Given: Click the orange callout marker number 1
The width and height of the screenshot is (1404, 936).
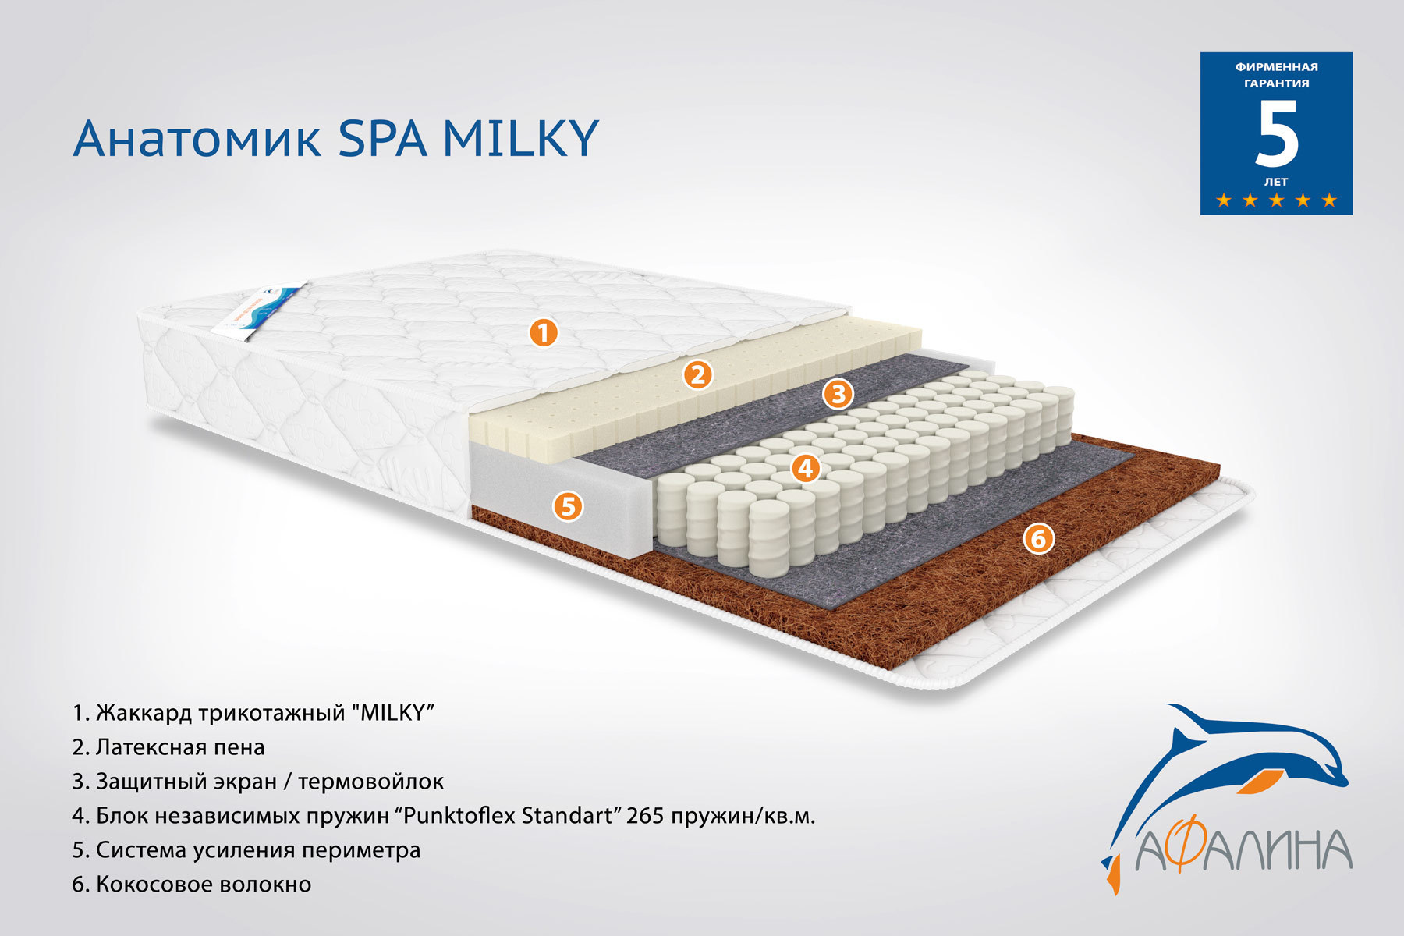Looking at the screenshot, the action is [x=544, y=333].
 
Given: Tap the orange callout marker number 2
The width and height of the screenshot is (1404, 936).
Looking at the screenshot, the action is [x=698, y=374].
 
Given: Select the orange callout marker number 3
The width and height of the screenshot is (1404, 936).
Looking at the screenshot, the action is [x=838, y=394].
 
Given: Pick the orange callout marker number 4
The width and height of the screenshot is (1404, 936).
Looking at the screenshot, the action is [x=806, y=468].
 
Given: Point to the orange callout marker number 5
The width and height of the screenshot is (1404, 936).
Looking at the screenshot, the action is [x=568, y=506].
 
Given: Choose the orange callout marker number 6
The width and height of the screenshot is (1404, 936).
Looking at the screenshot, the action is [x=1038, y=538].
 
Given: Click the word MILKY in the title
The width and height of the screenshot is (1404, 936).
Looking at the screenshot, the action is [x=520, y=139].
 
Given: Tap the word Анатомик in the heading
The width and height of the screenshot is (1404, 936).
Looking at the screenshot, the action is [x=197, y=139].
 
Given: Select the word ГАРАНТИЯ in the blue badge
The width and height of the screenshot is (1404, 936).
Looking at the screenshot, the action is [x=1277, y=83].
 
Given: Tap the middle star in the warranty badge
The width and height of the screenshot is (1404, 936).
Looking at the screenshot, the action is [x=1276, y=200].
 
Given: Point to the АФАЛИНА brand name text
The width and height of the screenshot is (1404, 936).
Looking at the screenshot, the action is [x=1244, y=850].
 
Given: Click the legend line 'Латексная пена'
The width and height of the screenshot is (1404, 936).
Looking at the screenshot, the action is [x=168, y=747].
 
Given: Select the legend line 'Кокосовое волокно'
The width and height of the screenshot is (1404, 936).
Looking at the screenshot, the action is [x=192, y=885].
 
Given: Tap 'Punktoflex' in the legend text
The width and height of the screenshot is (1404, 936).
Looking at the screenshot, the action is [x=459, y=816].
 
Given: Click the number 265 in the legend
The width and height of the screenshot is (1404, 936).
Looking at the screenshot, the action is [x=645, y=816].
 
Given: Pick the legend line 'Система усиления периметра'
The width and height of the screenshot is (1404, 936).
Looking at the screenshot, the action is [x=246, y=850].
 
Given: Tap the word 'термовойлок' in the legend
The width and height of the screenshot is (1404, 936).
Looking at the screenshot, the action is [x=371, y=782].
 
